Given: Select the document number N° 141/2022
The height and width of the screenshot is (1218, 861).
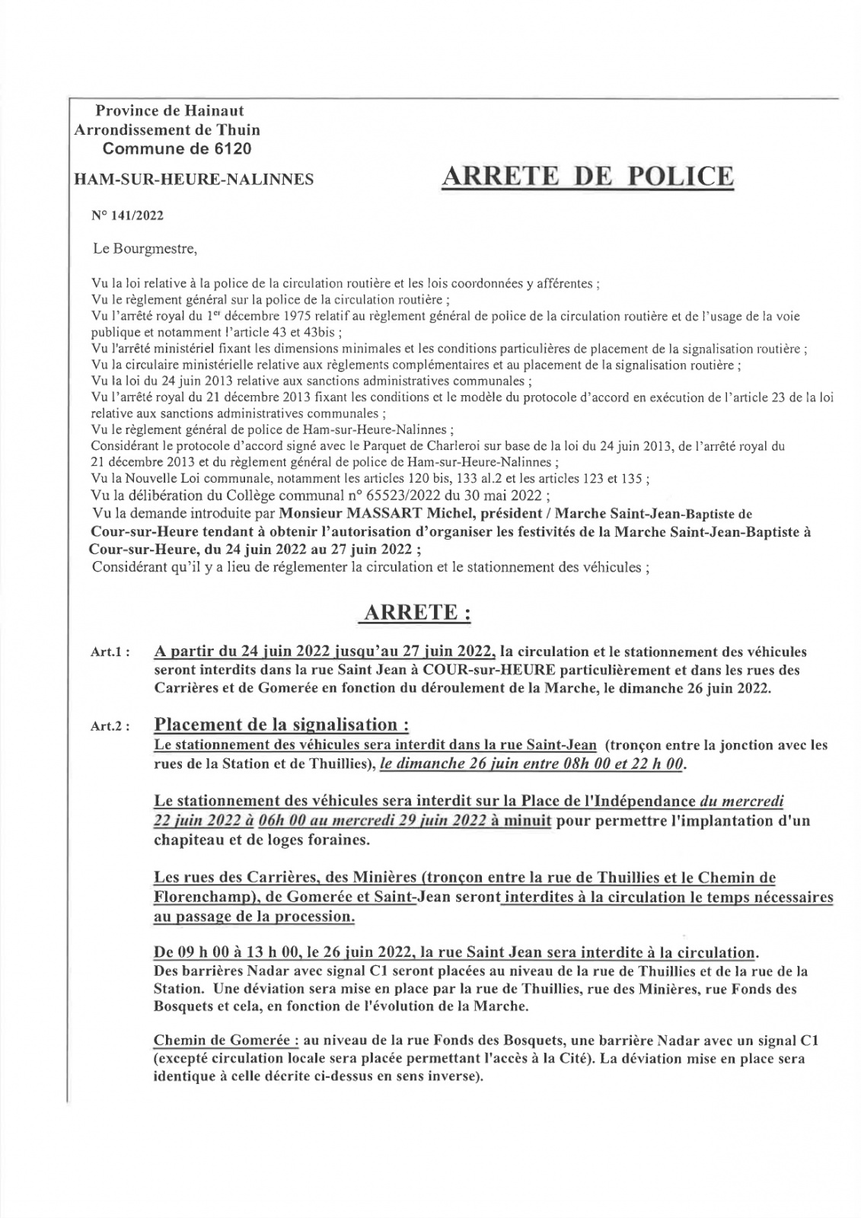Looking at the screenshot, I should click(x=127, y=215).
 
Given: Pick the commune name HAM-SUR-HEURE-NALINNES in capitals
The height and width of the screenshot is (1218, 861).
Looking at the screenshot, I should click(x=193, y=180).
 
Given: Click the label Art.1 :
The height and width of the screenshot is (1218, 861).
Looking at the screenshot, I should click(x=110, y=653).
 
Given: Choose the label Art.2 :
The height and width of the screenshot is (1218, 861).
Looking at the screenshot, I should click(x=110, y=727).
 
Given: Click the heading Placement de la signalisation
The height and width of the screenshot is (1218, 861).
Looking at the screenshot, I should click(x=286, y=724).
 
